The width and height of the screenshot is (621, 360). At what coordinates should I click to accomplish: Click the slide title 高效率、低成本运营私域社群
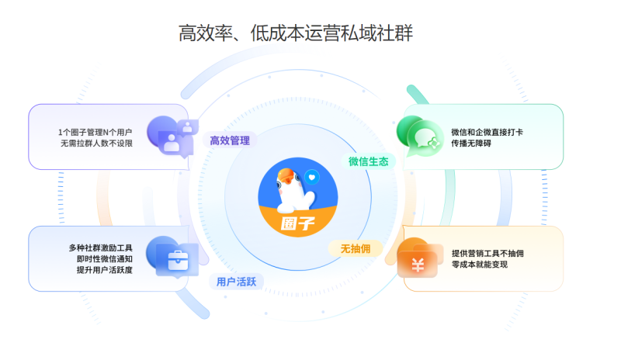coord(296,33)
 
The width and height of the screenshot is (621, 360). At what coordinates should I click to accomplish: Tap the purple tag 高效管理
coord(230,140)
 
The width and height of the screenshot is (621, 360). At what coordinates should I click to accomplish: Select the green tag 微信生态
coord(368,161)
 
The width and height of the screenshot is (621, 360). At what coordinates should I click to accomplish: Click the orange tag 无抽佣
coord(356,248)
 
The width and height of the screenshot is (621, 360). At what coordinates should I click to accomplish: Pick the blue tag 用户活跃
coord(236,282)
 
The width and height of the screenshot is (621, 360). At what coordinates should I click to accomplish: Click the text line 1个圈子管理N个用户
coord(95,132)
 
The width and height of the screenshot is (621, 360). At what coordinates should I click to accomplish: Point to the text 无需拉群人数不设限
coord(96,144)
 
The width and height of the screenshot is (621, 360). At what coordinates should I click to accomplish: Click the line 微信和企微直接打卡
coord(487,132)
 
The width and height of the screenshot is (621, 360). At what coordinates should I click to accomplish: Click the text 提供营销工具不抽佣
coord(487,253)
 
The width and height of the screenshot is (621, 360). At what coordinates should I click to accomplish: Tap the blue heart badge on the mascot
coord(312,177)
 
